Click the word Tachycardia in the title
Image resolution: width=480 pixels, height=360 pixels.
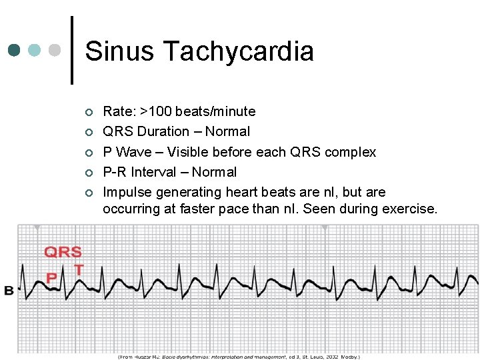238,51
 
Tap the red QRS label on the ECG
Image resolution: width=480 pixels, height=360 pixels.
63,252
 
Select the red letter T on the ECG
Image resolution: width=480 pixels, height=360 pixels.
79,270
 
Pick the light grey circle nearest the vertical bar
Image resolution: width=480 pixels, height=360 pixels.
55,51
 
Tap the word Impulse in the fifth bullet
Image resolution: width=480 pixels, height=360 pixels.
127,192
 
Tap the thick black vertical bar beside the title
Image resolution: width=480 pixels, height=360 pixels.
72,51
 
